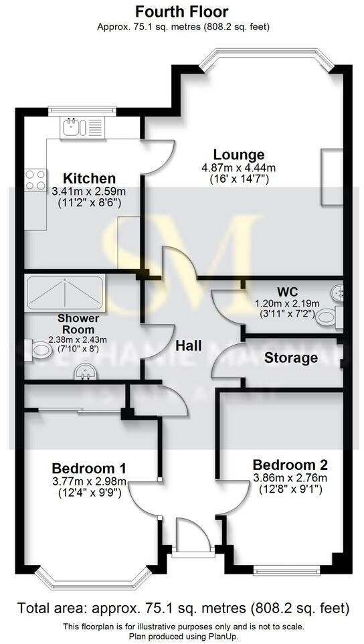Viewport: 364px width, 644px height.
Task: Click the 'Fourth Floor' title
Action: pyautogui.click(x=181, y=11)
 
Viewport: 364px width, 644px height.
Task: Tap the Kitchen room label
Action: pyautogui.click(x=89, y=179)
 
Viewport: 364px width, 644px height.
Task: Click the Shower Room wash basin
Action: pyautogui.click(x=84, y=371)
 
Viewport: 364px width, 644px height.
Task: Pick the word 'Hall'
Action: pyautogui.click(x=189, y=346)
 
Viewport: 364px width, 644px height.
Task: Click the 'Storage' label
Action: pyautogui.click(x=290, y=358)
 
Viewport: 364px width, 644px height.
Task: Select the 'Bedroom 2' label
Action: pyautogui.click(x=289, y=465)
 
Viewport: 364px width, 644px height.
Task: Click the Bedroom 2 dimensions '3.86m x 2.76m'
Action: pyautogui.click(x=290, y=478)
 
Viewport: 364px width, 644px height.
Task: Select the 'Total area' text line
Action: pyautogui.click(x=182, y=609)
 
